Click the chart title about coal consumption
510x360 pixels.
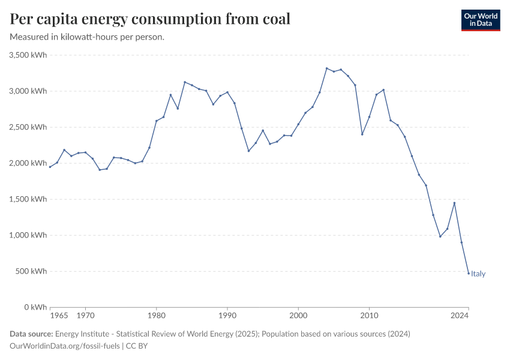150,19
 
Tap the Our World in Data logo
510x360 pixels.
480,20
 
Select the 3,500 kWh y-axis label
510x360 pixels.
28,55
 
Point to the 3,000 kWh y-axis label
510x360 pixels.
28,91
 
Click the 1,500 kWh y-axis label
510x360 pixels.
28,199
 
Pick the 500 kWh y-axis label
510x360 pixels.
31,271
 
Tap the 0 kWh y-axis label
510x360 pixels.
35,307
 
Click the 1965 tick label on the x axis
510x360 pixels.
58,315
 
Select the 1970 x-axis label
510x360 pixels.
85,315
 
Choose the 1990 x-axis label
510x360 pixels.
227,315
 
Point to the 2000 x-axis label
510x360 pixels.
298,315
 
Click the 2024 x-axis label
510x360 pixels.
460,315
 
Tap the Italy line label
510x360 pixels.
478,274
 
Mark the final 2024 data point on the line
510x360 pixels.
469,273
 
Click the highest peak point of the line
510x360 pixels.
326,68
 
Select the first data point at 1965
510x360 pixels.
50,167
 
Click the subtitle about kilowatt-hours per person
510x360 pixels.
88,37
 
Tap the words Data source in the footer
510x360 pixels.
31,334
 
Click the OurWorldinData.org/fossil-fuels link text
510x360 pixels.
65,346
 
